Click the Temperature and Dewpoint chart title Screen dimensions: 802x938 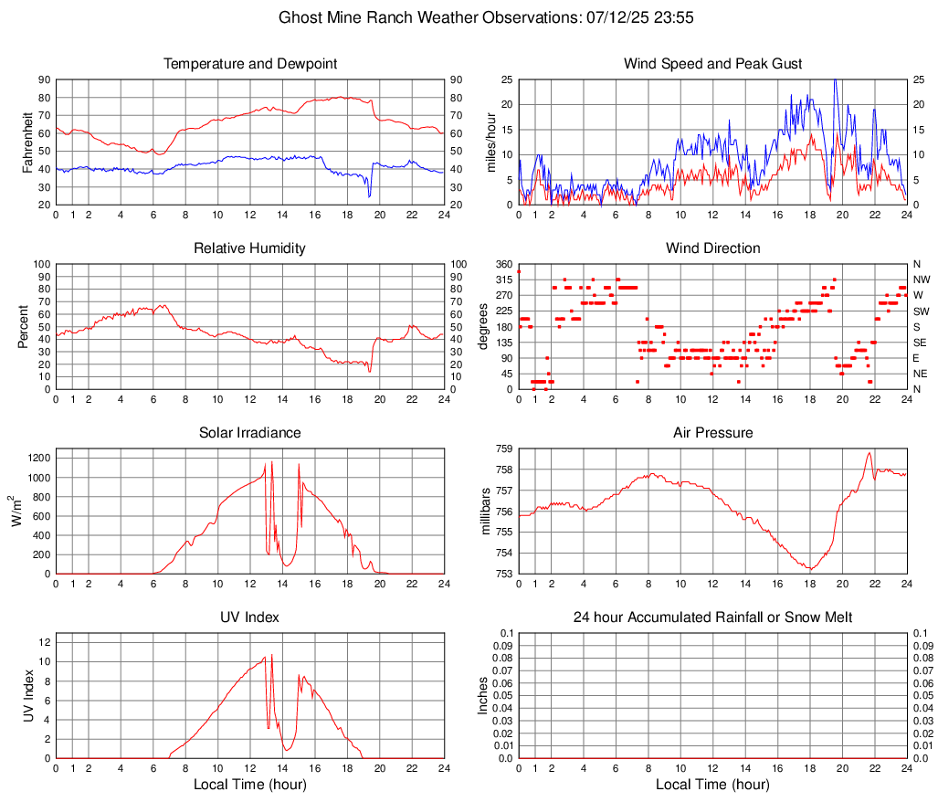coord(249,64)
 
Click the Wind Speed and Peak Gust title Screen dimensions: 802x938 coord(712,64)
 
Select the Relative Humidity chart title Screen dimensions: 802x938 coord(249,248)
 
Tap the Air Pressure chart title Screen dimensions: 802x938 coord(712,433)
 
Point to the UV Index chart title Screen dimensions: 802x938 coord(249,617)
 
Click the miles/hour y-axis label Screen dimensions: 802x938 coord(490,142)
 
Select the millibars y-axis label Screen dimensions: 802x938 coord(490,511)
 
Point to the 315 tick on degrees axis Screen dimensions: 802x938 coord(504,280)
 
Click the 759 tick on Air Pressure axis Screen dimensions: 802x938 coord(502,448)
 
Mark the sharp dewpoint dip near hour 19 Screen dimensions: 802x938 coord(369,195)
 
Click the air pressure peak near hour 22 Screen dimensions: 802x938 coord(869,453)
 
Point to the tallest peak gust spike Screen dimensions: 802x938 coord(834,80)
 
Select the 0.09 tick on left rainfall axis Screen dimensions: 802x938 coord(501,646)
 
